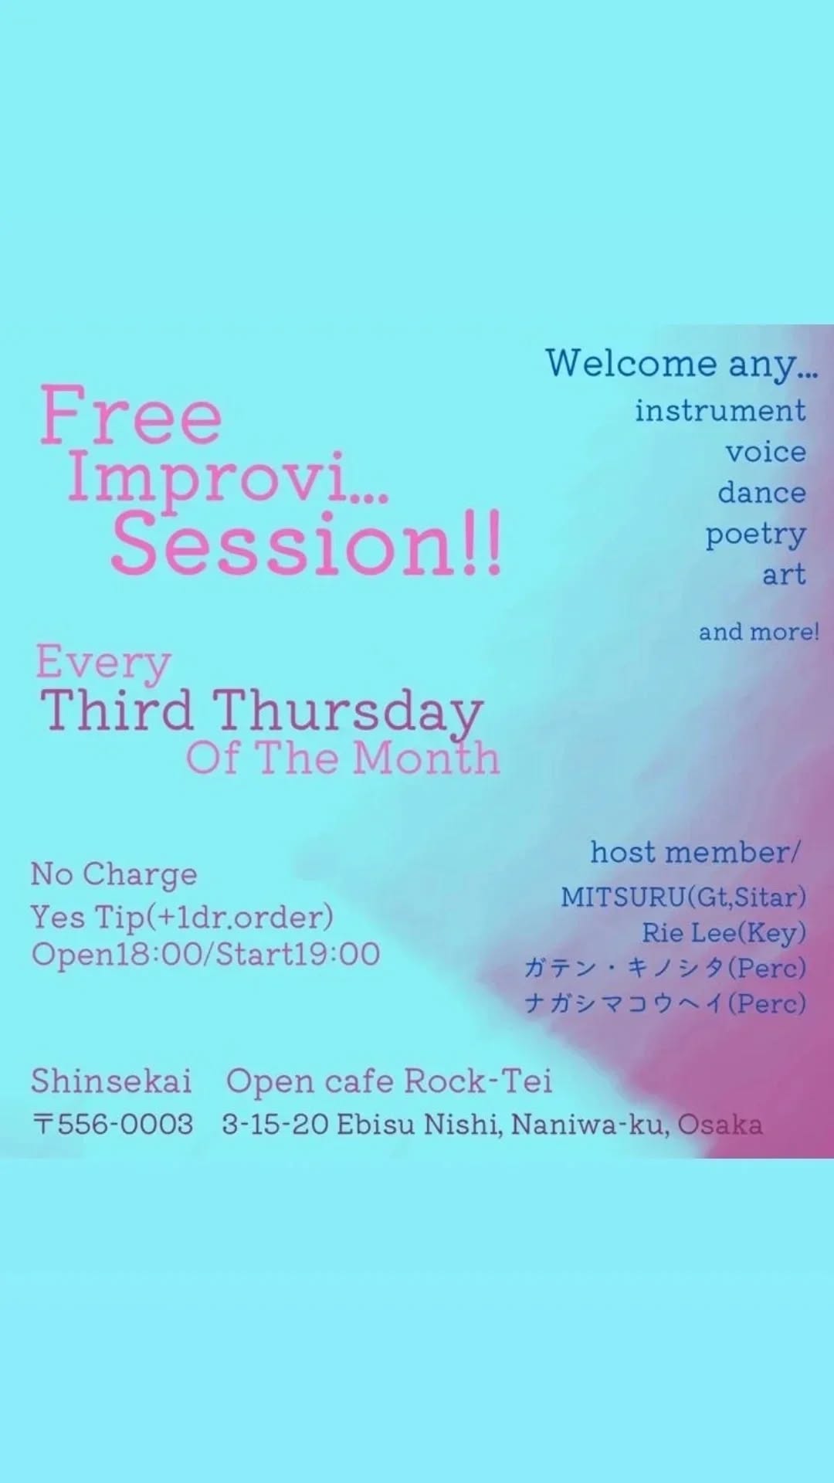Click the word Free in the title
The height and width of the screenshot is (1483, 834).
pyautogui.click(x=131, y=416)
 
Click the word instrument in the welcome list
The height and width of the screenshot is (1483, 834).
pyautogui.click(x=720, y=411)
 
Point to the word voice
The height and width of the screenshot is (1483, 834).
pyautogui.click(x=766, y=452)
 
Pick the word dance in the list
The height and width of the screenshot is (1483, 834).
pyautogui.click(x=762, y=493)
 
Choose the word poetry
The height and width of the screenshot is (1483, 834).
pyautogui.click(x=756, y=535)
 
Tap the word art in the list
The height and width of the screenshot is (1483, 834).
pyautogui.click(x=785, y=575)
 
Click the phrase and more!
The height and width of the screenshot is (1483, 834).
pyautogui.click(x=759, y=632)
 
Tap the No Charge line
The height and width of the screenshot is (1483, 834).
pyautogui.click(x=114, y=875)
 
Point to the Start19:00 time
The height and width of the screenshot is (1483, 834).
pyautogui.click(x=298, y=955)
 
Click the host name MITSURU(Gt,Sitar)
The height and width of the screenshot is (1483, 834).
pyautogui.click(x=683, y=898)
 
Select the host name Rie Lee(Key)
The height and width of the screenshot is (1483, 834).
pyautogui.click(x=724, y=934)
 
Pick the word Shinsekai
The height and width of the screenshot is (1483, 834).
pyautogui.click(x=111, y=1081)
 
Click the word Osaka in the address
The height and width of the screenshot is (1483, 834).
pyautogui.click(x=720, y=1125)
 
